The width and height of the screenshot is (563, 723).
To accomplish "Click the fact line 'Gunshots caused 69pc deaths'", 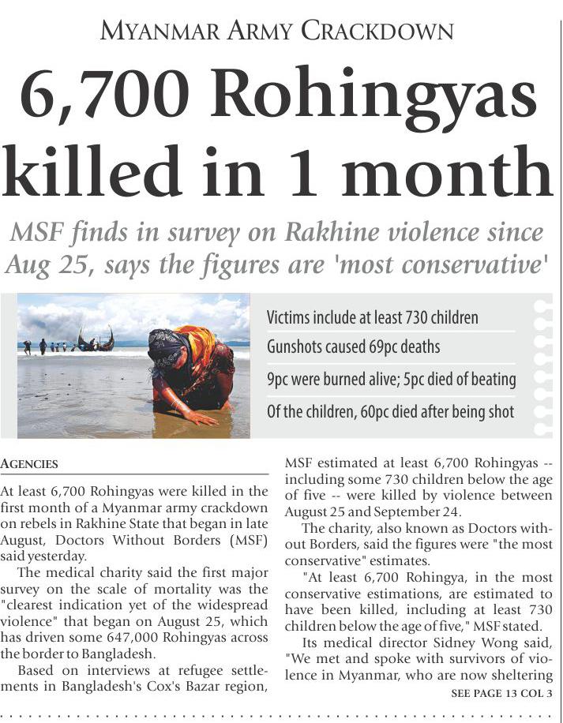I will click(x=354, y=347).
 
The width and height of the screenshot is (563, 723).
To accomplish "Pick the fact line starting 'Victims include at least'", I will click(x=373, y=318).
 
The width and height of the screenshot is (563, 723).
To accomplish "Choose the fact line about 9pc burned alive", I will click(x=392, y=380).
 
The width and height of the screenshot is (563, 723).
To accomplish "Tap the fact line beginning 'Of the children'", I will click(x=391, y=411).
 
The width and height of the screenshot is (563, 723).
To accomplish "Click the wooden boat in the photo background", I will click(x=96, y=342).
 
